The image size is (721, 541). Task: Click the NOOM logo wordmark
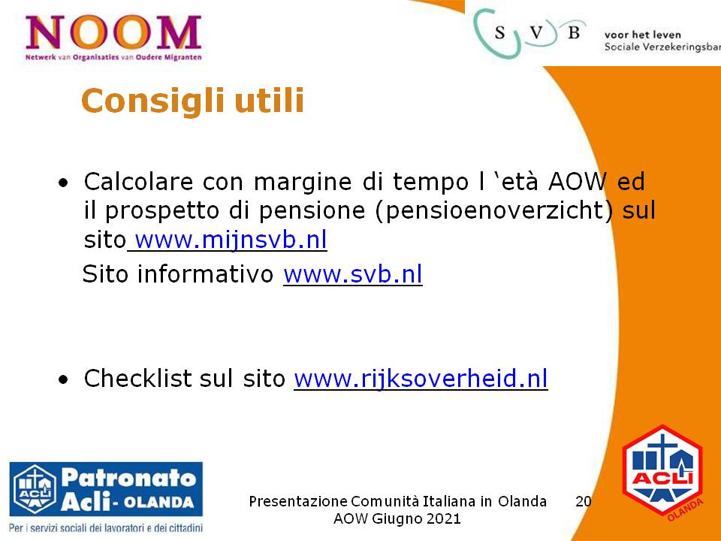(x=113, y=32)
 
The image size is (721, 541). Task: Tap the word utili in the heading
(x=270, y=100)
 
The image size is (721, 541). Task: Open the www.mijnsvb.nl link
(x=231, y=240)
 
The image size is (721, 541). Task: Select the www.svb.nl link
(x=353, y=274)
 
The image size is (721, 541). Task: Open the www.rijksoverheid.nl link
(x=421, y=379)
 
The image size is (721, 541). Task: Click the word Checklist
(x=138, y=378)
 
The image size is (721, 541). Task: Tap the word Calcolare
(x=138, y=181)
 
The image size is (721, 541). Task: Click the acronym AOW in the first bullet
(x=578, y=181)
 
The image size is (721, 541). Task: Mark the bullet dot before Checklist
(x=63, y=380)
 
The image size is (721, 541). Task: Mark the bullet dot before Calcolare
(x=63, y=183)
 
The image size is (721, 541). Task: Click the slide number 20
(x=583, y=501)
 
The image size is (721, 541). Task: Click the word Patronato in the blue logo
(x=128, y=478)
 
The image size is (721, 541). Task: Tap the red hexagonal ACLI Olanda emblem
(x=662, y=471)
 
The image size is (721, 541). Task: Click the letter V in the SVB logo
(x=536, y=32)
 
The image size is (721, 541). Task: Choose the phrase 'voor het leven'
(x=642, y=35)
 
